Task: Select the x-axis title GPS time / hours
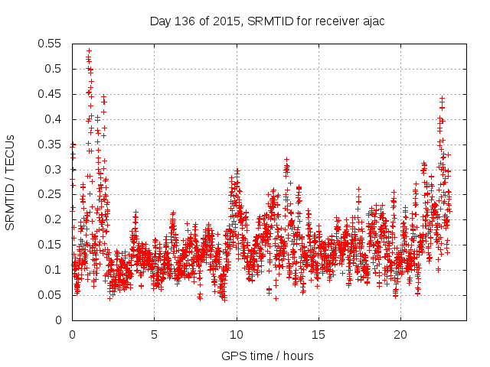point(267,356)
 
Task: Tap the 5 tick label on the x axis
point(154,334)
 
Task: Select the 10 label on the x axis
point(237,334)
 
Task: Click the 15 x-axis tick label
point(318,334)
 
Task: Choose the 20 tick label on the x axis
point(400,334)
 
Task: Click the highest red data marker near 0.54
point(89,50)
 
